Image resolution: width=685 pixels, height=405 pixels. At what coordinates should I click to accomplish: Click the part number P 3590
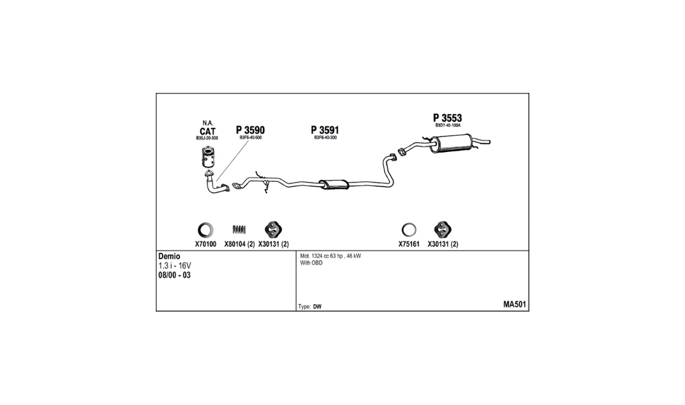250,130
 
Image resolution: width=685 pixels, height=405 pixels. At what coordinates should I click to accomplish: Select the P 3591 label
324,130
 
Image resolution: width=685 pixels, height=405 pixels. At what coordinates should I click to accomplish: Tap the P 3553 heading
447,118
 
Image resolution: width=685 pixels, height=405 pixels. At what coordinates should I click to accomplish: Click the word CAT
207,131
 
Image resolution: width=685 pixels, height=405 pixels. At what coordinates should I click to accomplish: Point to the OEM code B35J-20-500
207,138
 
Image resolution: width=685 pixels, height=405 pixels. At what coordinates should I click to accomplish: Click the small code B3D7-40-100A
448,125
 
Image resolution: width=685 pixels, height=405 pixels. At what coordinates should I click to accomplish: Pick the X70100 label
205,244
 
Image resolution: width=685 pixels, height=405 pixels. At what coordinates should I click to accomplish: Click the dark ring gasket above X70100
205,230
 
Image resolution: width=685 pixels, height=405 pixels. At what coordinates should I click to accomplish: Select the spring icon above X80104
239,229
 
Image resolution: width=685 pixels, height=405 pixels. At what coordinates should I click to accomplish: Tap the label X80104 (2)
239,244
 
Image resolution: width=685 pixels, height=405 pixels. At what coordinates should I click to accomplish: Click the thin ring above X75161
409,229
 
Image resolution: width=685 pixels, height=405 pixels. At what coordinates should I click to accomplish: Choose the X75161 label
409,244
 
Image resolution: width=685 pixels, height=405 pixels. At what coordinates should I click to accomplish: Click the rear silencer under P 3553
452,144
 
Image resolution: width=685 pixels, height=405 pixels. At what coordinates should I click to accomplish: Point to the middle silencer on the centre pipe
334,184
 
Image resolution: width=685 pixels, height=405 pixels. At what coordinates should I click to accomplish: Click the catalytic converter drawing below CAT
209,158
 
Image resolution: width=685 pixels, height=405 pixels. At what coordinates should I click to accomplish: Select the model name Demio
169,257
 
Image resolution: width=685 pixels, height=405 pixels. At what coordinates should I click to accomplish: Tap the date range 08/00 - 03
174,275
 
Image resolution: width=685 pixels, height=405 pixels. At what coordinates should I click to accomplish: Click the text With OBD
311,263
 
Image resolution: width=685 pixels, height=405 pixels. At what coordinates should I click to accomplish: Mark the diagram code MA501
514,305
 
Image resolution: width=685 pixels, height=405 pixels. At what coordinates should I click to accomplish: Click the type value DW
317,307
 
